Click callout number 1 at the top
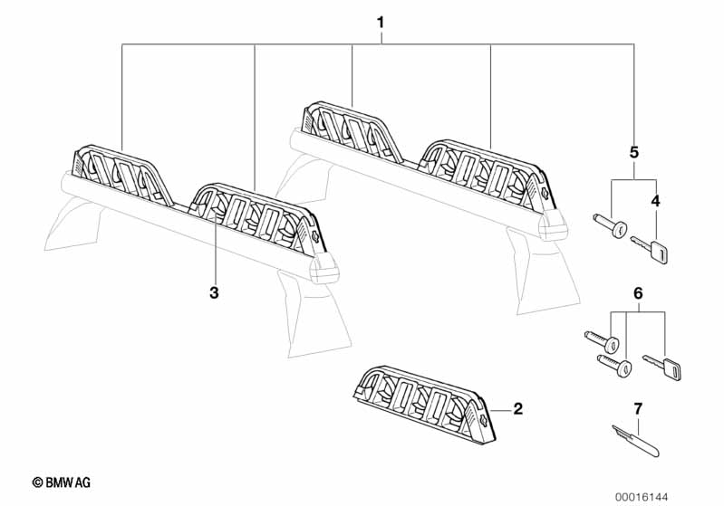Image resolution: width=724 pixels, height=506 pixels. (381, 23)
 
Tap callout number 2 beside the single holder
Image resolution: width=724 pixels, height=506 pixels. (517, 408)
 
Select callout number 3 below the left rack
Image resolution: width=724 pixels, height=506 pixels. (214, 292)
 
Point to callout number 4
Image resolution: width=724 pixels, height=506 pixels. (656, 201)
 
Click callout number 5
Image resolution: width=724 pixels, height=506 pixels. (634, 152)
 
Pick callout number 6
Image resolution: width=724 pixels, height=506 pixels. (638, 293)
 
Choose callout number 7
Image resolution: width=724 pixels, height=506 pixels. (638, 408)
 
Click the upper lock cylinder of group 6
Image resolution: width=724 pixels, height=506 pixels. (602, 340)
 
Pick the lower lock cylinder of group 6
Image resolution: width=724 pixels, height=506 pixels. (614, 365)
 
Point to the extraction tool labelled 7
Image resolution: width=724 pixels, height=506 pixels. (635, 441)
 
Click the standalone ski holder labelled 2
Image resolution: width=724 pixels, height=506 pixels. (426, 405)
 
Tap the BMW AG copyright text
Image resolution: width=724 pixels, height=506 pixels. (62, 482)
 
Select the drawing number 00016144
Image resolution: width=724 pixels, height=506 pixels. (642, 497)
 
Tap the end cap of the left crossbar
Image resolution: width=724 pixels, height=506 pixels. (324, 269)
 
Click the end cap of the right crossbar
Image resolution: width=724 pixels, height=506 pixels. (554, 225)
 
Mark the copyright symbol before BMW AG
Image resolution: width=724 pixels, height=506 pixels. (37, 483)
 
